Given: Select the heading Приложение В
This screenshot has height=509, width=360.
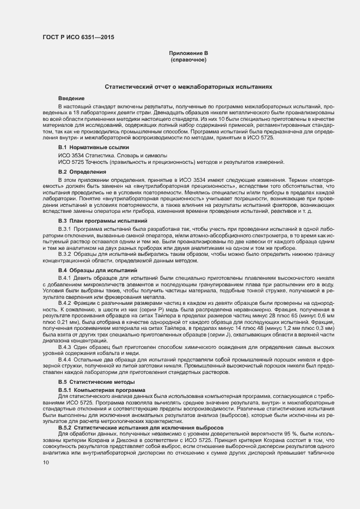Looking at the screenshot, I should [x=188, y=53].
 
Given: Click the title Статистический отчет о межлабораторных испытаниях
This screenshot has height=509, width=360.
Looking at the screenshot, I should [x=188, y=87].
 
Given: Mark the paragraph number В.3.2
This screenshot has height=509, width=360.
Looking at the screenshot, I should [x=65, y=254].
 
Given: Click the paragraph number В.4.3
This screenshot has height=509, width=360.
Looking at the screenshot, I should [x=65, y=347].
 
